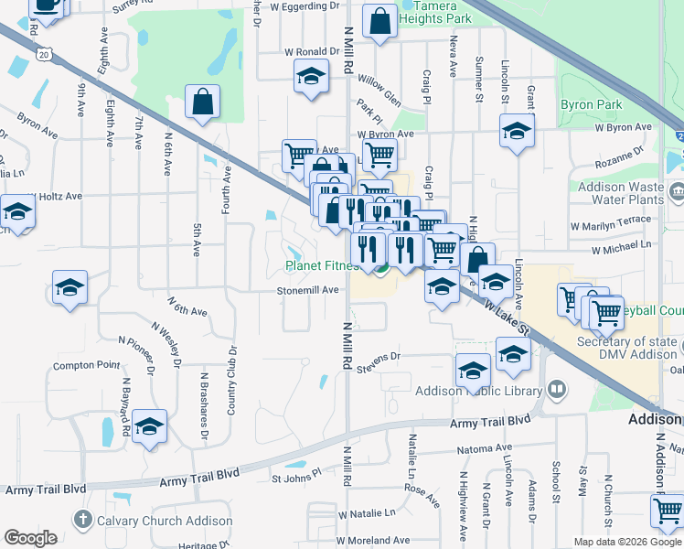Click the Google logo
pyautogui.click(x=30, y=538)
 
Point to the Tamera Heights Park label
pyautogui.click(x=436, y=12)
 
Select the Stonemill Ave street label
pyautogui.click(x=309, y=290)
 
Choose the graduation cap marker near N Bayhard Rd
pyautogui.click(x=149, y=427)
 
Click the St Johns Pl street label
pyautogui.click(x=297, y=477)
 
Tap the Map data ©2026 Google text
pyautogui.click(x=626, y=542)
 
